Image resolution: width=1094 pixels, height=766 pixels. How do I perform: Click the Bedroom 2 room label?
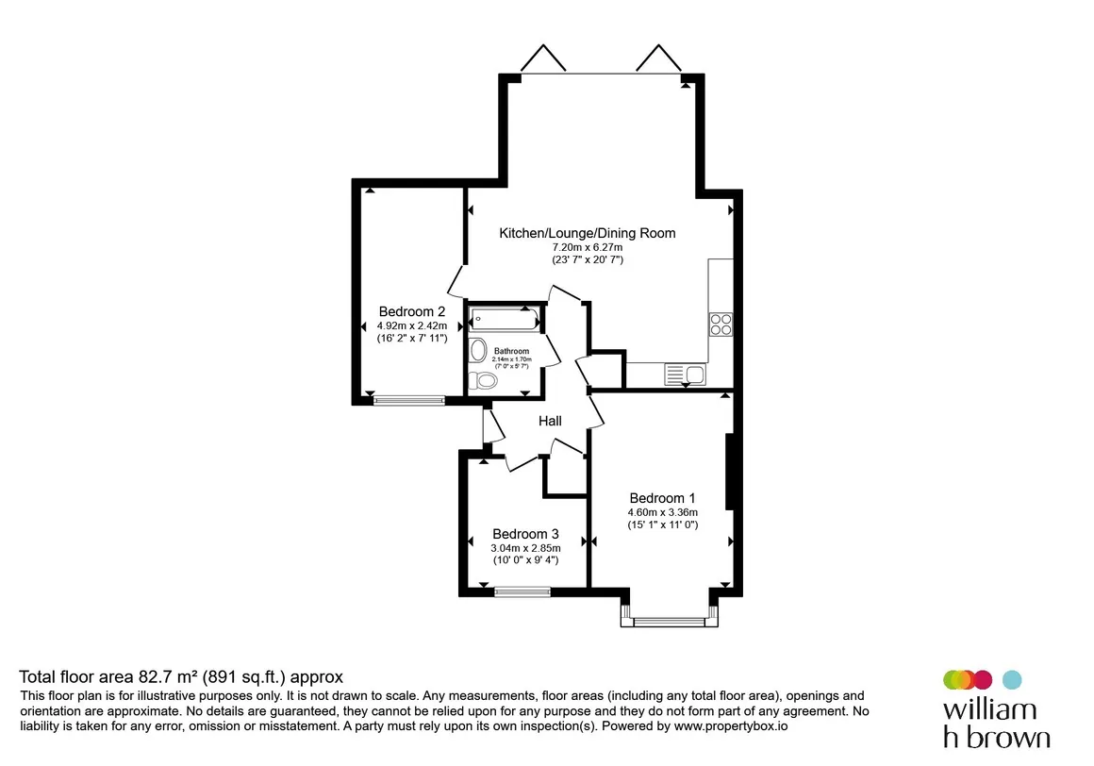[x=411, y=312]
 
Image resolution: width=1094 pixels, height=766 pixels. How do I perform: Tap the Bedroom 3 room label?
[x=525, y=534]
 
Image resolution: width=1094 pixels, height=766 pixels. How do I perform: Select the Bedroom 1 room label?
[x=662, y=498]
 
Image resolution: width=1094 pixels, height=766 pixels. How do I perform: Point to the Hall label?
[x=550, y=421]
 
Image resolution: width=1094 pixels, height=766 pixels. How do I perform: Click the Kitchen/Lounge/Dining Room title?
[x=588, y=233]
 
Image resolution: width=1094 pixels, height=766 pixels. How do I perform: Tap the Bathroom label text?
[x=511, y=351]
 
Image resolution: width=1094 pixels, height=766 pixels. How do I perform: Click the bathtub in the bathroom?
[x=506, y=319]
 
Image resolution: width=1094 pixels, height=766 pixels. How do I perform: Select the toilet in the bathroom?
[x=483, y=380]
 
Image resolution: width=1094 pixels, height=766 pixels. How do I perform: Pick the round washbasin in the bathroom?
[x=479, y=350]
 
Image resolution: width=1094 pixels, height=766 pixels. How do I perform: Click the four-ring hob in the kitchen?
[x=721, y=325]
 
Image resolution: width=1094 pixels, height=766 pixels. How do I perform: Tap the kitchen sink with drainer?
[x=685, y=375]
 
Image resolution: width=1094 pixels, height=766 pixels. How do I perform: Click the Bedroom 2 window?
[x=409, y=400]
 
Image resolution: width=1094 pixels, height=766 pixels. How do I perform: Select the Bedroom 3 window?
[x=522, y=592]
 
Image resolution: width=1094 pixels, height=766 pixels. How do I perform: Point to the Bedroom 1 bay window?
[x=669, y=621]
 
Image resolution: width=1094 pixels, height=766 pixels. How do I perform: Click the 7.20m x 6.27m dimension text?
[x=588, y=247]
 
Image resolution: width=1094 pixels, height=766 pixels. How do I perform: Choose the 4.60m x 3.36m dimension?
[x=662, y=512]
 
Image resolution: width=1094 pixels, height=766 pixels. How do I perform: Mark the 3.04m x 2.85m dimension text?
[x=525, y=548]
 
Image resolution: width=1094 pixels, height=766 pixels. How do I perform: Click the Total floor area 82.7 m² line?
[x=181, y=676]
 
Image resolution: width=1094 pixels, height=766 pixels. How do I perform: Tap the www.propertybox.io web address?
[x=731, y=726]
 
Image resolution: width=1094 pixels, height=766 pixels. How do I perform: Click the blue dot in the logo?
[x=1012, y=679]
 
